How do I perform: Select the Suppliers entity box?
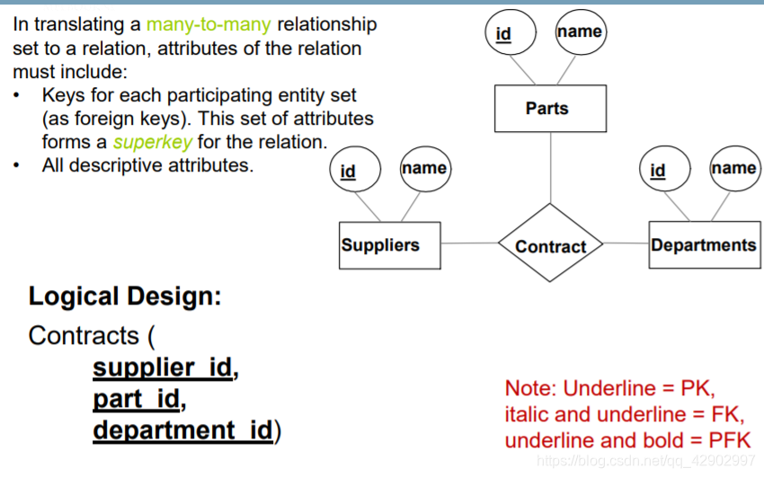[390, 245]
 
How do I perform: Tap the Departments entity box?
[704, 245]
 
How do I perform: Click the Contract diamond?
[550, 245]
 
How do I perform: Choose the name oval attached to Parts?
[579, 31]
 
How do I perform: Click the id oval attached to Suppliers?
[348, 171]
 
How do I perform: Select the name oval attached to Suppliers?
[424, 168]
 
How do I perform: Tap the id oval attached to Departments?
[658, 170]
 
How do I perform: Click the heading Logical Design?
[125, 296]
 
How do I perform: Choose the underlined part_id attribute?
[137, 398]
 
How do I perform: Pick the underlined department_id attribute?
[182, 429]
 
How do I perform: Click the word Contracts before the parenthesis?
[84, 336]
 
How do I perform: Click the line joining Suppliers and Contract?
[469, 243]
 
